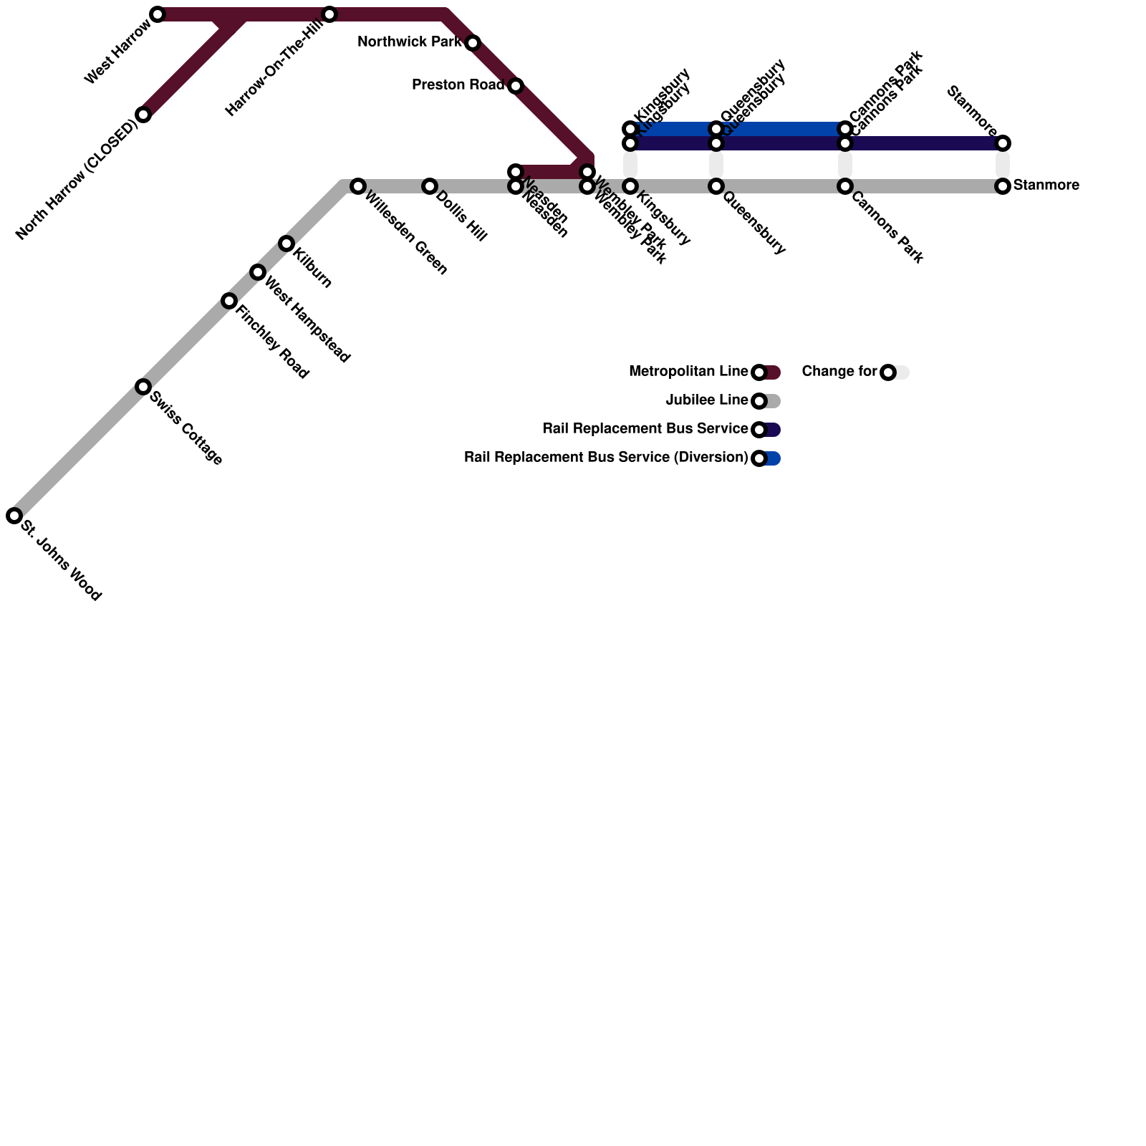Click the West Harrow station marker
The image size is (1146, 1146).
click(158, 14)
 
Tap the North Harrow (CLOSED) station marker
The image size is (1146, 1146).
click(143, 115)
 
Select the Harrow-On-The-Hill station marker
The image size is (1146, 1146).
click(329, 14)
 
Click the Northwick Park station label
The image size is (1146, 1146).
click(409, 42)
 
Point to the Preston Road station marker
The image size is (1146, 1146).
click(516, 86)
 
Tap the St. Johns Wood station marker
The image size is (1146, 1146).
click(14, 516)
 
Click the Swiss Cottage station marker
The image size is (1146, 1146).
click(143, 387)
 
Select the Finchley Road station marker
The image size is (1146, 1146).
click(229, 301)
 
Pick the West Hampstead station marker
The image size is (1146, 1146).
click(258, 272)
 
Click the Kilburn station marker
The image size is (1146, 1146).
click(286, 244)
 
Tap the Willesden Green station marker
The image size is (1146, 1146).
click(358, 186)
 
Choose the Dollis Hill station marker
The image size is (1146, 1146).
click(430, 186)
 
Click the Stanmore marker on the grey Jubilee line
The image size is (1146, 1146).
click(1003, 186)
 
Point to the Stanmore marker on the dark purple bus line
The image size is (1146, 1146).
click(1003, 143)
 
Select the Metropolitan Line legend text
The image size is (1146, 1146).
click(688, 372)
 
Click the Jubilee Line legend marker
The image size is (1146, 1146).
click(760, 401)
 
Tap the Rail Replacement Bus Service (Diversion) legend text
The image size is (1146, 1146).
click(605, 458)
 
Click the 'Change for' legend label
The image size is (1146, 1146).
click(839, 372)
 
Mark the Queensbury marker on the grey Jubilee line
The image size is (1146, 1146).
click(716, 186)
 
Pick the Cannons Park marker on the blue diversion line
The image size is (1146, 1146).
click(845, 129)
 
